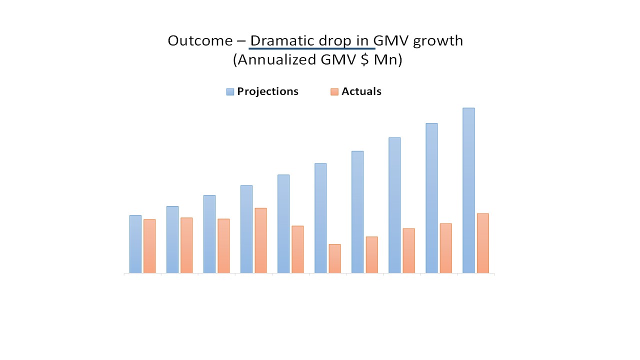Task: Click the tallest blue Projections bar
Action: tap(468, 190)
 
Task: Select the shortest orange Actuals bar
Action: tap(334, 258)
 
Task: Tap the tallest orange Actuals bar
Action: tap(260, 240)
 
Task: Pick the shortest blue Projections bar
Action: tap(135, 244)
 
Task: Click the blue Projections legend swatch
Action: tap(230, 91)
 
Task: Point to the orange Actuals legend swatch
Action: tap(334, 91)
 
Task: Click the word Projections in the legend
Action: tap(267, 91)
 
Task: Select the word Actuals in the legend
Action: tap(361, 91)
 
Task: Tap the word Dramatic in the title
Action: tap(283, 40)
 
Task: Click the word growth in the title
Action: tap(438, 40)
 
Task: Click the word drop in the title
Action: tap(337, 40)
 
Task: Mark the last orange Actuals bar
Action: tap(482, 243)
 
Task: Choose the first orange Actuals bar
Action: tap(149, 246)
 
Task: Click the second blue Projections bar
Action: tap(172, 239)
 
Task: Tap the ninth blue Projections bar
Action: tap(431, 198)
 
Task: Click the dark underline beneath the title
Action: tap(312, 48)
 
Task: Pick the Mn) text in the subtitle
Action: tap(392, 60)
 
